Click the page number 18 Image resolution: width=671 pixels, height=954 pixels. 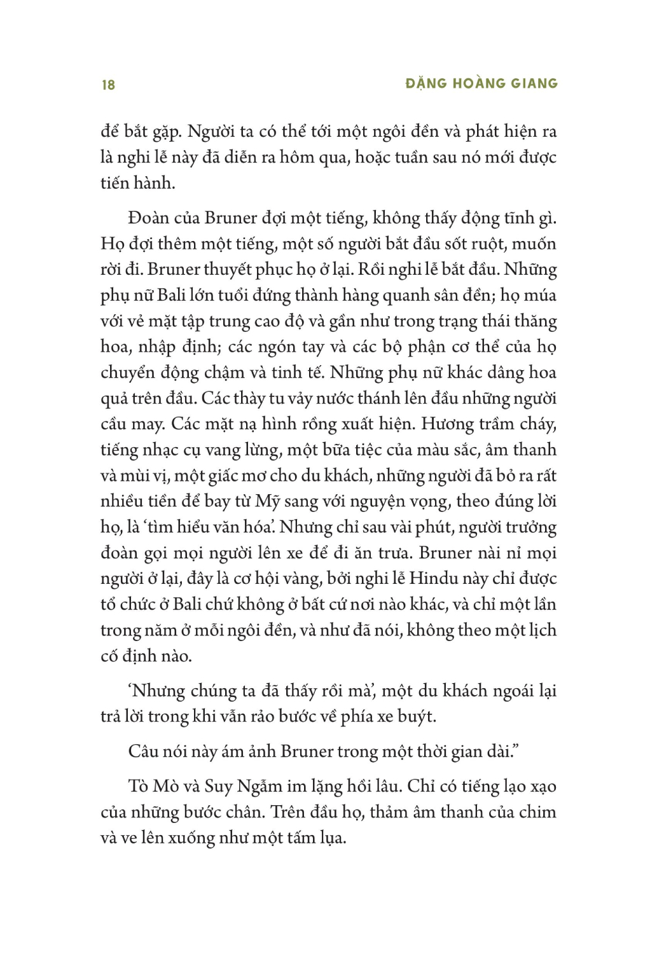click(x=108, y=85)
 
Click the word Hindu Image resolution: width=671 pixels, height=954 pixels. click(x=434, y=578)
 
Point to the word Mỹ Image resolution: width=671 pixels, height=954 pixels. click(x=268, y=501)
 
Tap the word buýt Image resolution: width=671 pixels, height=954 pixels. click(x=416, y=717)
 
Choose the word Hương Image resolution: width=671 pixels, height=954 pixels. click(x=448, y=424)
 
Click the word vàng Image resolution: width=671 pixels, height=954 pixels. click(x=305, y=579)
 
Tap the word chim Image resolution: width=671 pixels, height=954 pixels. click(x=538, y=812)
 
